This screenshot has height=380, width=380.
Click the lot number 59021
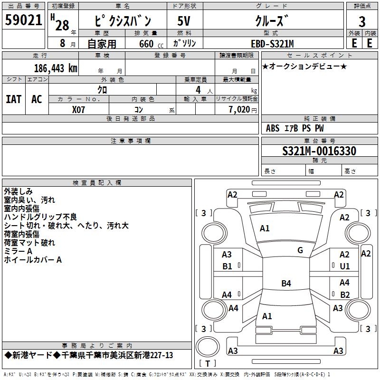pyautogui.click(x=23, y=20)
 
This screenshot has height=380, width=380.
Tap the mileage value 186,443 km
pyautogui.click(x=56, y=68)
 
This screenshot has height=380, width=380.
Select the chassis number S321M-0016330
pyautogui.click(x=319, y=151)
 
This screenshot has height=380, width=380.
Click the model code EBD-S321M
pyautogui.click(x=272, y=44)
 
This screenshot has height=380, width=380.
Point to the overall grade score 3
pyautogui.click(x=362, y=22)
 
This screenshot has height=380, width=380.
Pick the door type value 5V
pyautogui.click(x=184, y=21)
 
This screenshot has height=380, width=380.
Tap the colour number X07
pyautogui.click(x=78, y=110)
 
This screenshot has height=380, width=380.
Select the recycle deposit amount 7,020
pyautogui.click(x=239, y=110)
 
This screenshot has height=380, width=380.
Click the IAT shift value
pyautogui.click(x=14, y=99)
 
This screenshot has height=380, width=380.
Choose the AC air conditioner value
pyautogui.click(x=37, y=99)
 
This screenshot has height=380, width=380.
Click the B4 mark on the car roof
pyautogui.click(x=286, y=283)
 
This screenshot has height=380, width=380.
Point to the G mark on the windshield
pyautogui.click(x=300, y=250)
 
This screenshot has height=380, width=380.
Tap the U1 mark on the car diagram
pyautogui.click(x=345, y=266)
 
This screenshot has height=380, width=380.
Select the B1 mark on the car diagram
pyautogui.click(x=228, y=266)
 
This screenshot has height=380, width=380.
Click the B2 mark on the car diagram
pyautogui.click(x=345, y=294)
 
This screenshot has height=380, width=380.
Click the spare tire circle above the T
pyautogui.click(x=208, y=346)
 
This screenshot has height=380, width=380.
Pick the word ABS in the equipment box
pyautogui.click(x=273, y=128)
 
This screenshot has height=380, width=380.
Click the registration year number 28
pyautogui.click(x=62, y=25)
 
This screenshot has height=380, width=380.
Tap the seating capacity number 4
pyautogui.click(x=198, y=90)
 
